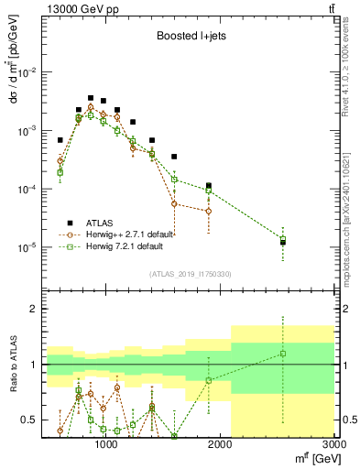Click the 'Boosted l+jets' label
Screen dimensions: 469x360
(185, 38)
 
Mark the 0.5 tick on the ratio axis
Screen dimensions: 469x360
(31, 420)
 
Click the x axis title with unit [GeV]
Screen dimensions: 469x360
(311, 459)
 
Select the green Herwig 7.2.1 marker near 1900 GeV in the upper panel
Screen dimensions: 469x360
(209, 191)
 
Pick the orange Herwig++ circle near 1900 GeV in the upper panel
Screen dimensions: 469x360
(209, 211)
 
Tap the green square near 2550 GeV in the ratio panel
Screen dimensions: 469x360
(283, 354)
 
